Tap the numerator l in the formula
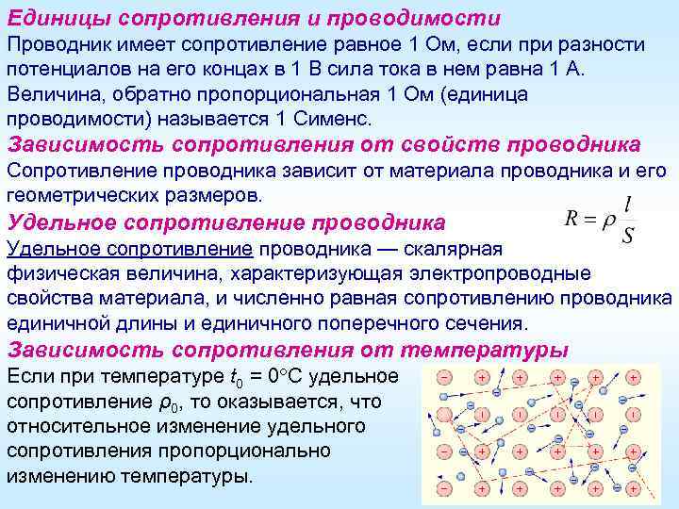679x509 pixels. coord(628,204)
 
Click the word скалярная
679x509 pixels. coord(461,249)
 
